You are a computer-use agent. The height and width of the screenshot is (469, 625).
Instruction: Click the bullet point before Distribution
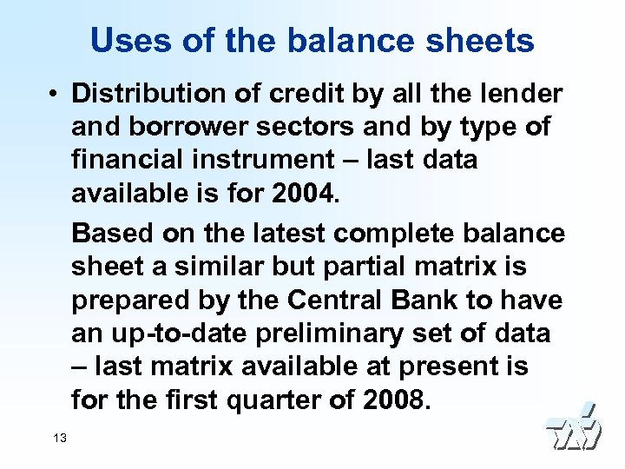pos(54,94)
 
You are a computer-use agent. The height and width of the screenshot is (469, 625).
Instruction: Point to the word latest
pos(276,233)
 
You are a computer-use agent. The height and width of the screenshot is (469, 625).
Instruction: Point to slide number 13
pos(59,439)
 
